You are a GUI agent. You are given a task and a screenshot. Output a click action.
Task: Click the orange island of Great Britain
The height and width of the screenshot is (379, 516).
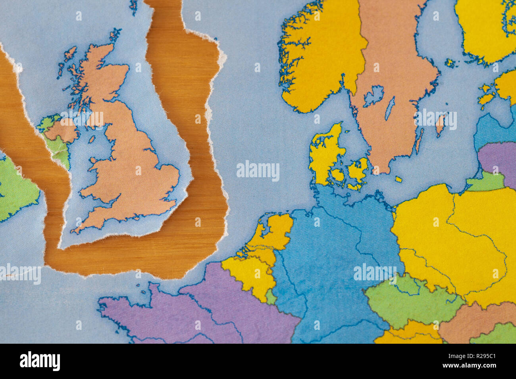(131, 159)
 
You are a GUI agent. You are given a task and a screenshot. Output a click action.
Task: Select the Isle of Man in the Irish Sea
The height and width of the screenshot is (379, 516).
(92, 140)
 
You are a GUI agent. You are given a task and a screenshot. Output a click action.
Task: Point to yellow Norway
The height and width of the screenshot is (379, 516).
(318, 59)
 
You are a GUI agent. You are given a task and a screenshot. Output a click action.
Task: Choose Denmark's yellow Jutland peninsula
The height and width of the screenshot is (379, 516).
(323, 155)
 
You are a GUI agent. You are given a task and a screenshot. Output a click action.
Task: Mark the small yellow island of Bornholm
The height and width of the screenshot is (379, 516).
(398, 180)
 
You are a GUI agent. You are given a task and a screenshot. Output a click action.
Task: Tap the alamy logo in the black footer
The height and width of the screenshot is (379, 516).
(40, 361)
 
